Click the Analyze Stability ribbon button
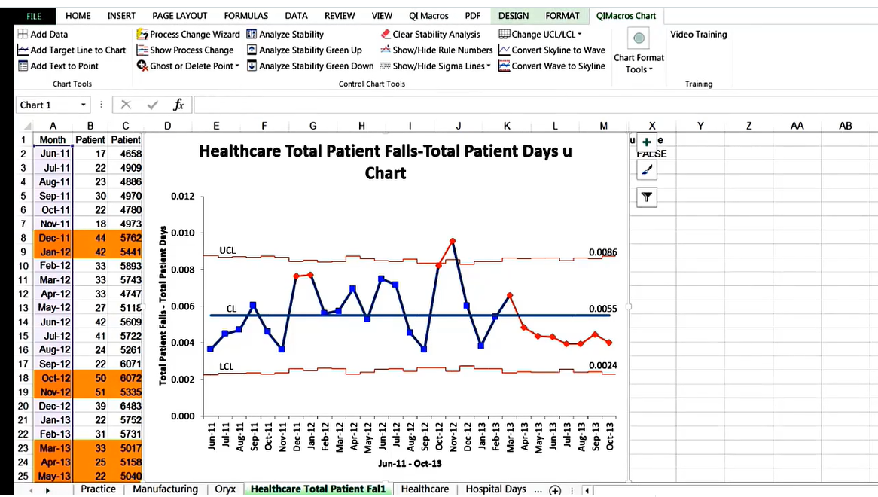(x=291, y=35)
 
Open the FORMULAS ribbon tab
(x=245, y=16)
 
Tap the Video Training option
(x=698, y=35)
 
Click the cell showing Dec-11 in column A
(x=54, y=238)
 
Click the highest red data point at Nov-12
(x=453, y=241)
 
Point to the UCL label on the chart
(x=227, y=250)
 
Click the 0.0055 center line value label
(x=603, y=309)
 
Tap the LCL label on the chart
(x=227, y=367)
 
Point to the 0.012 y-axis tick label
(x=181, y=197)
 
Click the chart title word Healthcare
(x=240, y=151)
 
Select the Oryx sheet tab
(x=224, y=489)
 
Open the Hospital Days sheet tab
(x=495, y=489)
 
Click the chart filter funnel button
(x=646, y=197)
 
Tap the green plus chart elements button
(x=646, y=142)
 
